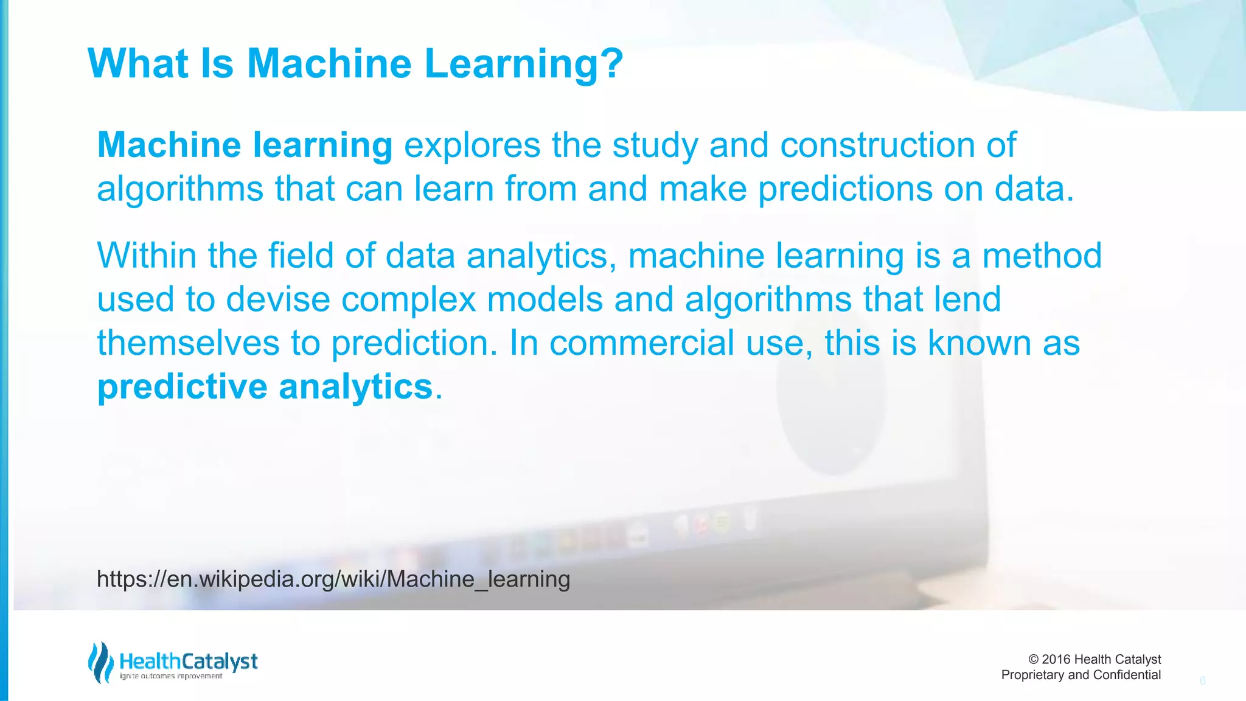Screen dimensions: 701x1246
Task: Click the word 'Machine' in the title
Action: click(x=329, y=63)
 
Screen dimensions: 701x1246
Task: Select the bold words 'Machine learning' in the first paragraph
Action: click(x=245, y=145)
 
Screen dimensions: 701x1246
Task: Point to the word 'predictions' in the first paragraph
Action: click(x=845, y=189)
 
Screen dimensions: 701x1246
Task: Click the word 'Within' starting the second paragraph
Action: click(x=147, y=256)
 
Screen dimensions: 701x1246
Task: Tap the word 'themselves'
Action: click(x=188, y=343)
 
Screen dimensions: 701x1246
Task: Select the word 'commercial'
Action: click(x=642, y=343)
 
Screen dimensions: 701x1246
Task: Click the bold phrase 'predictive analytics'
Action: click(x=265, y=387)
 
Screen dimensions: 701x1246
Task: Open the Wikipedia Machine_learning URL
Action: click(x=333, y=579)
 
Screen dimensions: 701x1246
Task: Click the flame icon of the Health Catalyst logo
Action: click(x=100, y=662)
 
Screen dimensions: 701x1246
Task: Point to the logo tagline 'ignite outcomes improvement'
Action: click(x=171, y=676)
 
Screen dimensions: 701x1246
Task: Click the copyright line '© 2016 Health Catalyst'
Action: click(x=1094, y=659)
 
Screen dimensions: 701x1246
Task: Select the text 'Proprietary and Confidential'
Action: click(x=1081, y=675)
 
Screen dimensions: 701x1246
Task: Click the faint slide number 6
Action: click(x=1202, y=681)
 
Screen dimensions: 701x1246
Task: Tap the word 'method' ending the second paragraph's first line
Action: click(x=1042, y=256)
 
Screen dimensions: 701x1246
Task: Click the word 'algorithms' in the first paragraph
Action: click(x=180, y=189)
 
